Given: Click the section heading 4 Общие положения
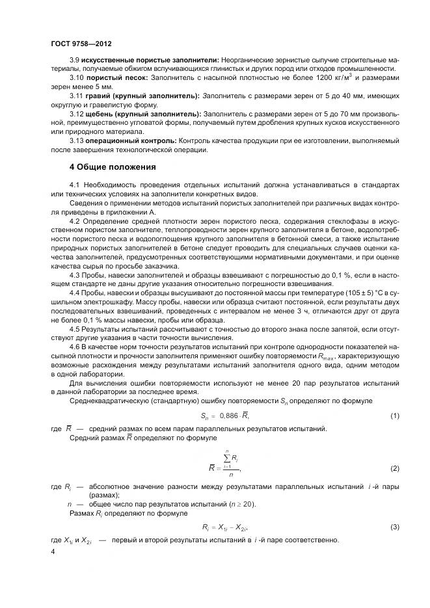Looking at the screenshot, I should (x=108, y=166).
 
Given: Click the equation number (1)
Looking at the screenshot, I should (x=394, y=415).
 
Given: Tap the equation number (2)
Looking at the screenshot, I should (x=394, y=468).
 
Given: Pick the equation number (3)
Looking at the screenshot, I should (x=394, y=526).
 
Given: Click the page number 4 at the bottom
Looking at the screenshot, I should (x=53, y=552).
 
